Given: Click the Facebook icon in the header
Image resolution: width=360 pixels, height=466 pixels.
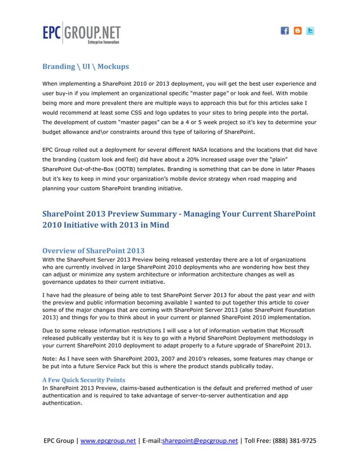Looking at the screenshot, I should click(x=285, y=31).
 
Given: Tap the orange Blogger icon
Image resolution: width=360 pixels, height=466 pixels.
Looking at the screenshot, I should click(x=297, y=31).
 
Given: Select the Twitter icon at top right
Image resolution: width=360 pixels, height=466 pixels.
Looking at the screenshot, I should click(x=310, y=31).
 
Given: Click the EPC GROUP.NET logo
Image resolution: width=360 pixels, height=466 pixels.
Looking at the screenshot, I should click(x=81, y=33).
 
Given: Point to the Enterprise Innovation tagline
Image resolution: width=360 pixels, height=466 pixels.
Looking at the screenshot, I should click(x=103, y=42).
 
